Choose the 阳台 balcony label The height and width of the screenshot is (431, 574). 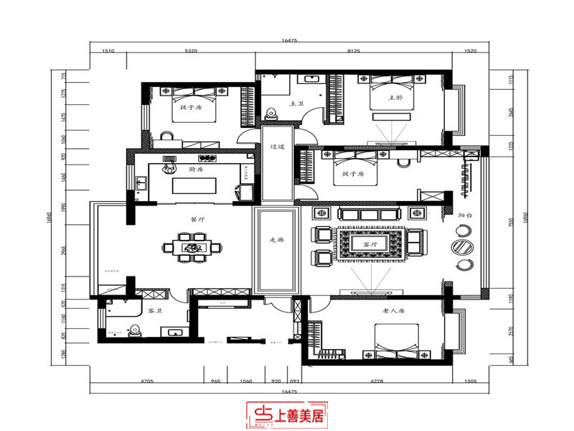(465, 215)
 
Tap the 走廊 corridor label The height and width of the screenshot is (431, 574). (276, 240)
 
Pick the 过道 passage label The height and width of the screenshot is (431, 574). (278, 147)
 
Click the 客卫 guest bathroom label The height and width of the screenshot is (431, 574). (154, 312)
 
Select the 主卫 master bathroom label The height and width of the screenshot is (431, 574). (297, 104)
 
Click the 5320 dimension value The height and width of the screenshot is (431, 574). (192, 52)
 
